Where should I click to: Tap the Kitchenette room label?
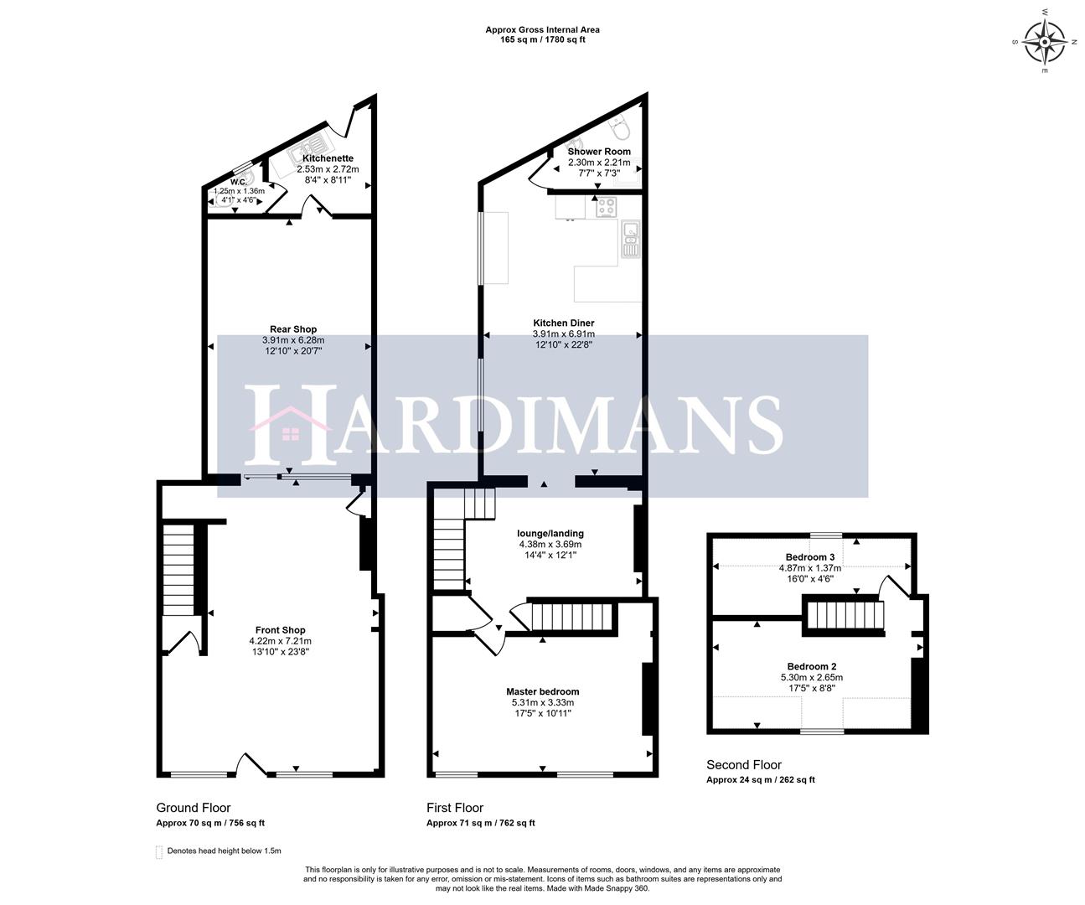(x=328, y=158)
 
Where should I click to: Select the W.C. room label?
(x=238, y=182)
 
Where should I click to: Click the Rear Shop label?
(x=293, y=329)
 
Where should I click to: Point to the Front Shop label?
(x=281, y=630)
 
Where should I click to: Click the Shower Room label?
(x=599, y=152)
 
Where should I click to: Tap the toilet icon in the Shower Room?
(x=621, y=128)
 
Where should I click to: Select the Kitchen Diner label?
(x=564, y=323)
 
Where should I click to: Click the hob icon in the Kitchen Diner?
(x=606, y=206)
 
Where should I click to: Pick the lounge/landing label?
(x=550, y=533)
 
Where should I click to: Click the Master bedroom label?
(x=542, y=691)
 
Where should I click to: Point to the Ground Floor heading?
(x=194, y=808)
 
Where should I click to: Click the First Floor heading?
(x=455, y=808)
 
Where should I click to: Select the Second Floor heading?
(x=744, y=764)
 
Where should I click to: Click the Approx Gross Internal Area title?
(x=542, y=30)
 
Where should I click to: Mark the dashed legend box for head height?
(x=159, y=852)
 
